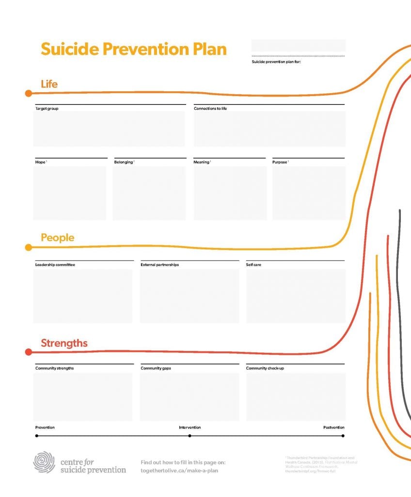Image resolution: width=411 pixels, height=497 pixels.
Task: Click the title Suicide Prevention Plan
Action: (x=133, y=50)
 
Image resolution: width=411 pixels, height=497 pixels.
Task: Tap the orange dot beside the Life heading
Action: (x=29, y=93)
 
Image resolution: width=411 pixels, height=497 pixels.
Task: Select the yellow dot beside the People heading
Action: (x=29, y=248)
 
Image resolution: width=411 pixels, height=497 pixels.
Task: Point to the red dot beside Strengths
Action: (x=29, y=352)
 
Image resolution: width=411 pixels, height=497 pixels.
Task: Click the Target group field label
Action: (x=47, y=108)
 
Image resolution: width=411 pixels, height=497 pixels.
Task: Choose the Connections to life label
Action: (x=210, y=108)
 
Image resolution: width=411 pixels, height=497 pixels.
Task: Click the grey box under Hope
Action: (x=70, y=193)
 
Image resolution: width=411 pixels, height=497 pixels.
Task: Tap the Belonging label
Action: (x=123, y=162)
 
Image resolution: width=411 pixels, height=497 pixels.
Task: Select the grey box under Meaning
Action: (x=230, y=193)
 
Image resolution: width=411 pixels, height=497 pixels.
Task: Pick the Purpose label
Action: (x=280, y=162)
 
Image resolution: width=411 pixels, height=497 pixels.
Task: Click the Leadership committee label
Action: (x=55, y=265)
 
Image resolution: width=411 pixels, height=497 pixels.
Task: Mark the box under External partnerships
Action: (x=190, y=296)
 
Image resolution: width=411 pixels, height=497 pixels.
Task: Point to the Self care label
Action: (x=253, y=265)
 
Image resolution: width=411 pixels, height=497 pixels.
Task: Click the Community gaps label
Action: (x=156, y=368)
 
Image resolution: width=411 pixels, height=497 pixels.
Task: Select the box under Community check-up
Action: (x=296, y=397)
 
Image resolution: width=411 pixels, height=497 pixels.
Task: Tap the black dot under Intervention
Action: (x=190, y=436)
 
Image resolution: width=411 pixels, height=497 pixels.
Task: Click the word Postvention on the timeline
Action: (x=334, y=428)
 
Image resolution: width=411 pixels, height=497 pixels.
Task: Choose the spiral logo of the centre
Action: (x=44, y=462)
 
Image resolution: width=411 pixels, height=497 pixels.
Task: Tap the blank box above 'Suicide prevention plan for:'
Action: (x=298, y=46)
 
